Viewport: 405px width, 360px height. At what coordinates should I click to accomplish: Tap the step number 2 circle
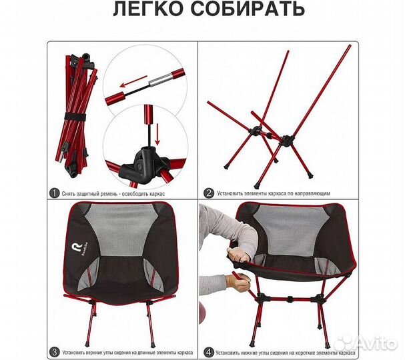tap(210, 193)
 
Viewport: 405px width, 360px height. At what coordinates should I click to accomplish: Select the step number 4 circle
tap(210, 352)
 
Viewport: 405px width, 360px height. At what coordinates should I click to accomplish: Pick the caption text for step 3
tap(125, 352)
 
